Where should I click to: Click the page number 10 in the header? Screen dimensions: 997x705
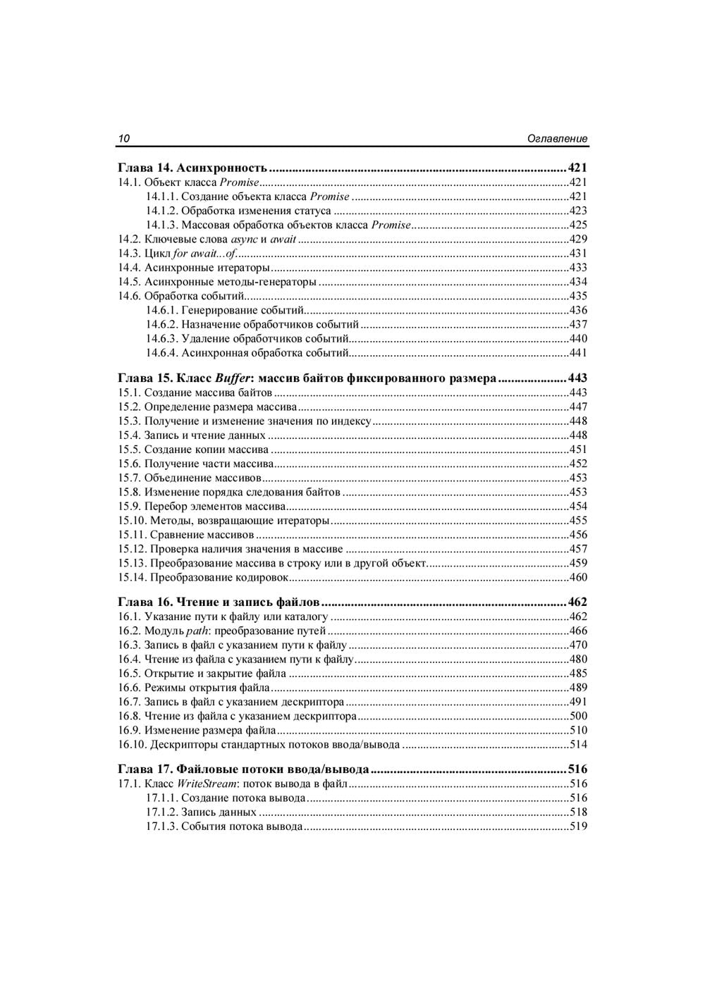tap(123, 139)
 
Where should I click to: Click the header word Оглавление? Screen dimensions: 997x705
tap(557, 139)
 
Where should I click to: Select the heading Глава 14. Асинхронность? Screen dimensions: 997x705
tap(192, 168)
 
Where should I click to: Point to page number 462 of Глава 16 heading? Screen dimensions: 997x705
tap(577, 602)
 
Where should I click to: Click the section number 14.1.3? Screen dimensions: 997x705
tap(162, 225)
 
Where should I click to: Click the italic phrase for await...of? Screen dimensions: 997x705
tap(204, 254)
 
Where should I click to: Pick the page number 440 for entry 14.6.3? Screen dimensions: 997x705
tap(578, 339)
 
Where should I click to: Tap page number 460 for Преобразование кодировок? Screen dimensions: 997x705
tap(578, 578)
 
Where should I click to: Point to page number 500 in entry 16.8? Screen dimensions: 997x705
tap(578, 717)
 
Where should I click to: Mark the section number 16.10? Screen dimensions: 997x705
tap(132, 745)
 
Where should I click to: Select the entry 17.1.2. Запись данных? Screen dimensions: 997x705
tap(201, 812)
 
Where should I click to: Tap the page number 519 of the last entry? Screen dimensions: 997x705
tap(578, 826)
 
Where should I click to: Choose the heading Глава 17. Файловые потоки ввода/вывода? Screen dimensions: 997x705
tap(243, 769)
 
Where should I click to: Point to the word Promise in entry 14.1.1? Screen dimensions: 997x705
tap(330, 197)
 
